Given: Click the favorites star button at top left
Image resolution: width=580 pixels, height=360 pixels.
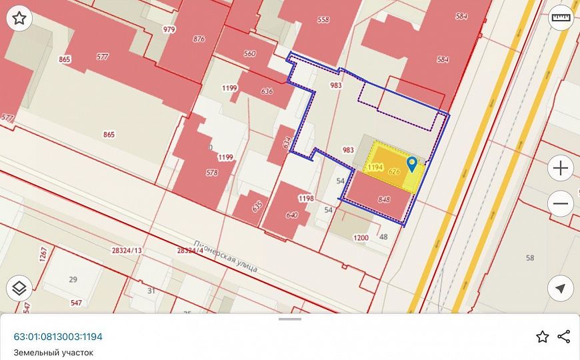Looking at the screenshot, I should pyautogui.click(x=19, y=19).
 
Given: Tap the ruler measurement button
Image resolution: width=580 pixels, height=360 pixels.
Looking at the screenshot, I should pyautogui.click(x=561, y=19).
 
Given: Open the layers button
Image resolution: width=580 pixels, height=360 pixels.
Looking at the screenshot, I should pyautogui.click(x=19, y=288).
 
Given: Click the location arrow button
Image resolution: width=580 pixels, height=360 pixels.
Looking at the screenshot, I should pyautogui.click(x=561, y=288).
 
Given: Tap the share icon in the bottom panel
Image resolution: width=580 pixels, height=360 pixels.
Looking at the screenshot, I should pyautogui.click(x=563, y=336).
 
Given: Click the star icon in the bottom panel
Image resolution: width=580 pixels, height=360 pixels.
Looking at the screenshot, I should pyautogui.click(x=543, y=336).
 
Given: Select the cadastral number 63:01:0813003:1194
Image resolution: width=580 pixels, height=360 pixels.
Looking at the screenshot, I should pyautogui.click(x=58, y=337).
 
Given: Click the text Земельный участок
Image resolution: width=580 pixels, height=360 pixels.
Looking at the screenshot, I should pyautogui.click(x=53, y=353).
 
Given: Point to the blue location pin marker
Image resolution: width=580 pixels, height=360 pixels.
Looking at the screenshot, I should pyautogui.click(x=412, y=164).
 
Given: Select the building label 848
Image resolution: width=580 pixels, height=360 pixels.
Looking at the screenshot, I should pyautogui.click(x=384, y=199).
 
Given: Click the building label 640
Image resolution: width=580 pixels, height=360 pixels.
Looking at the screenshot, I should pyautogui.click(x=291, y=215).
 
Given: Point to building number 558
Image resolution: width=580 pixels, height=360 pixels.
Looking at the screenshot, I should pyautogui.click(x=323, y=20).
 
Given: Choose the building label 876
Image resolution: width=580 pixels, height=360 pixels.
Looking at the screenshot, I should pyautogui.click(x=199, y=39).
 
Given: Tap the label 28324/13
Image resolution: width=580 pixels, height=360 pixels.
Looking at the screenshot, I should pyautogui.click(x=127, y=250).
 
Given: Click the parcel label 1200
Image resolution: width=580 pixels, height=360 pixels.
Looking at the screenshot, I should pyautogui.click(x=361, y=237).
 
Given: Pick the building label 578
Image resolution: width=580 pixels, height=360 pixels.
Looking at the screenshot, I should pyautogui.click(x=212, y=173).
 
